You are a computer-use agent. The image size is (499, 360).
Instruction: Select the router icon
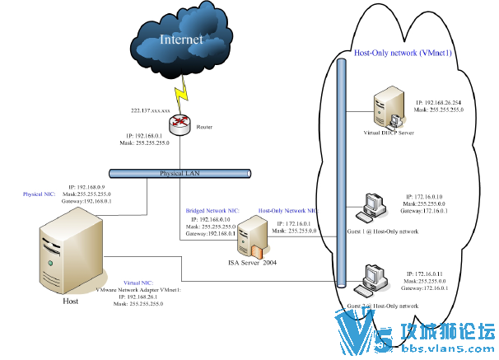pos(179,124)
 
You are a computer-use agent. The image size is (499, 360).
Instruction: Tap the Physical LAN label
pos(180,174)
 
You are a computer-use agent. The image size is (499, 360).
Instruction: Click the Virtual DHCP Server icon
pos(384,107)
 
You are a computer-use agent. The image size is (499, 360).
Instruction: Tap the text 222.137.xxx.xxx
pos(151,110)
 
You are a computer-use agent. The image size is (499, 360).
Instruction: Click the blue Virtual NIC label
pos(138,282)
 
